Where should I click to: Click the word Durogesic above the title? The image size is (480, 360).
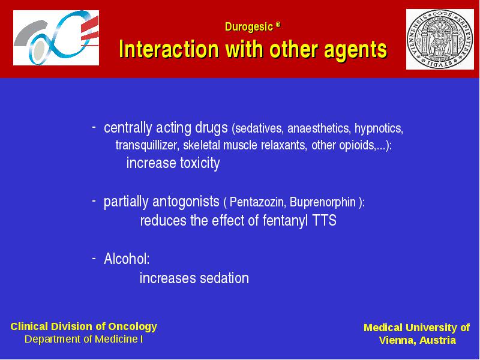pyautogui.click(x=248, y=27)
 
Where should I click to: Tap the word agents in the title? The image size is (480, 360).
pyautogui.click(x=355, y=50)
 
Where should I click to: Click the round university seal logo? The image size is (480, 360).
pyautogui.click(x=440, y=39)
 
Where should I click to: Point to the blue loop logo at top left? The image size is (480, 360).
pyautogui.click(x=56, y=38)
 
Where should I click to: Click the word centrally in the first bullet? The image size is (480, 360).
pyautogui.click(x=128, y=128)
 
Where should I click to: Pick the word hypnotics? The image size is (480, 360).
pyautogui.click(x=379, y=128)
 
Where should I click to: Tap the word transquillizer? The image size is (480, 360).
pyautogui.click(x=147, y=145)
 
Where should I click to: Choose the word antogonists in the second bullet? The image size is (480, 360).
pyautogui.click(x=186, y=202)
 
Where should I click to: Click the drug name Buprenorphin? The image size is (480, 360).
pyautogui.click(x=323, y=202)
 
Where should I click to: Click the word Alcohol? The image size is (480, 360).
pyautogui.click(x=127, y=259)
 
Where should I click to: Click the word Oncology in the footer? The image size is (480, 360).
pyautogui.click(x=133, y=327)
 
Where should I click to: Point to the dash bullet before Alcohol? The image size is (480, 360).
pyautogui.click(x=94, y=259)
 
